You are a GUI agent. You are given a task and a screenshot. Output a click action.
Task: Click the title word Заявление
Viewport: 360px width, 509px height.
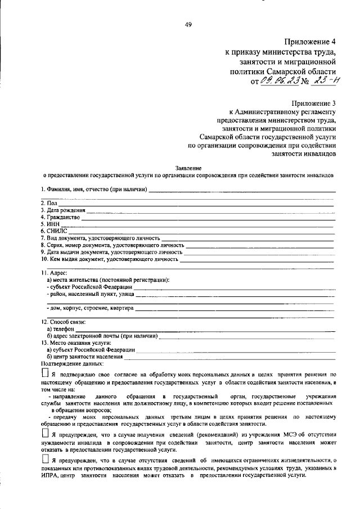tap(188, 168)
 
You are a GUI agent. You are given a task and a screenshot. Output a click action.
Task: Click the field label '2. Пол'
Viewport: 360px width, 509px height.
tap(49, 202)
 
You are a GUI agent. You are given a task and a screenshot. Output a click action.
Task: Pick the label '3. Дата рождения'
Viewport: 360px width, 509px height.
tap(62, 210)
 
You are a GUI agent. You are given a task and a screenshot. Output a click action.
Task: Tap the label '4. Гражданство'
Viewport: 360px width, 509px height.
tap(60, 217)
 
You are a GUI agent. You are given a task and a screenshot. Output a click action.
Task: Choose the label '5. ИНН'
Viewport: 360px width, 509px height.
tap(50, 223)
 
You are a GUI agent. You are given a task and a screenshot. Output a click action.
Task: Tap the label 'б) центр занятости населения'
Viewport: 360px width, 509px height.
tap(85, 357)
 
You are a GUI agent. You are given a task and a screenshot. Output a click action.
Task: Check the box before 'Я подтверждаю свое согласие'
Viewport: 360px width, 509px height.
tap(45, 373)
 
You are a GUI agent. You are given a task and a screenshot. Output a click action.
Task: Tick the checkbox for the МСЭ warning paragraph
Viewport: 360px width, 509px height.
tap(45, 435)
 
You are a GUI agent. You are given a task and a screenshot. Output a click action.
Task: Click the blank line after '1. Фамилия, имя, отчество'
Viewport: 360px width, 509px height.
tap(242, 191)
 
